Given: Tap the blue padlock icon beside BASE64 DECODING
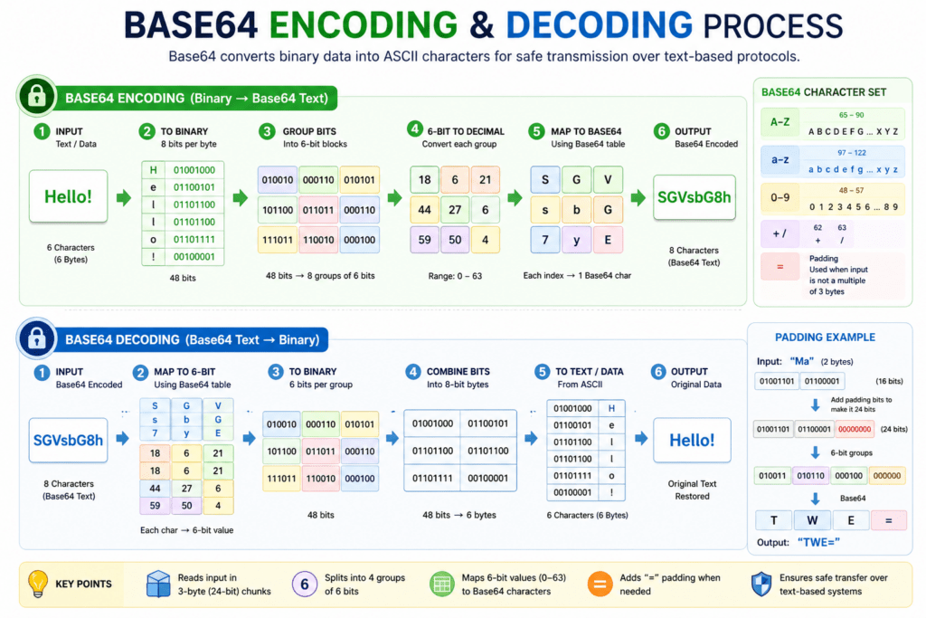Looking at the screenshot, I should (37, 339).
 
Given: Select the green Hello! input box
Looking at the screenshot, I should (69, 195).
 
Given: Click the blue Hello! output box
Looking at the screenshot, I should (692, 441).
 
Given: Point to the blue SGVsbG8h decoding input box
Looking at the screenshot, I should (69, 441).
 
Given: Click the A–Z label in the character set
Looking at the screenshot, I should (779, 122).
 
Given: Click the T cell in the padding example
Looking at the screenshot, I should (773, 520).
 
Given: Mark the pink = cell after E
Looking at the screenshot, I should (888, 520).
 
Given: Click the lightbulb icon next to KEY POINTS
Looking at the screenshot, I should (38, 584).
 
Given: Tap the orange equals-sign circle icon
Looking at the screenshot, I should (600, 584).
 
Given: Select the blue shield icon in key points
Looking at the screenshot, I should (761, 584).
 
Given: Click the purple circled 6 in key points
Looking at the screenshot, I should (304, 585).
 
